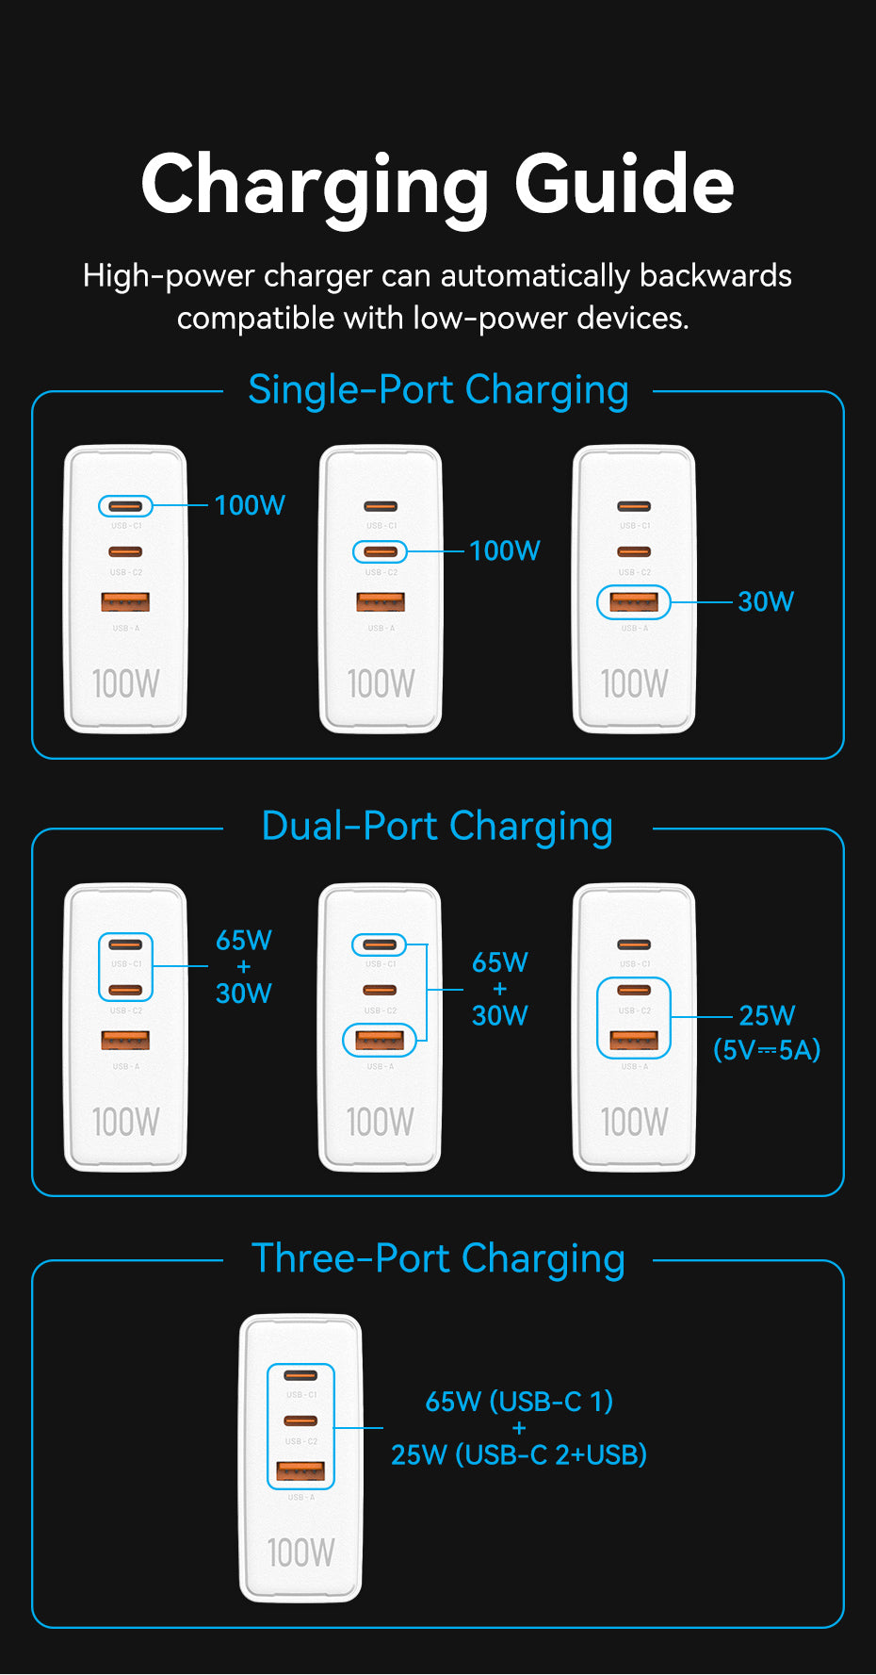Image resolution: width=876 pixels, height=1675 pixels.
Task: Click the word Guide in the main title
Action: tap(624, 185)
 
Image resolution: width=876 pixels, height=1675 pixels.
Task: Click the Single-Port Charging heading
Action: tap(438, 390)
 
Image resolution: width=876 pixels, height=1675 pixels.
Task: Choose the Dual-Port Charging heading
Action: tap(437, 827)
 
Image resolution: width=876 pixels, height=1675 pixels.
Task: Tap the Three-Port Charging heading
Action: tap(438, 1259)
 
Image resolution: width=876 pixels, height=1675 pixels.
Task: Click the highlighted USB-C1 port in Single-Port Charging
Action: tap(125, 506)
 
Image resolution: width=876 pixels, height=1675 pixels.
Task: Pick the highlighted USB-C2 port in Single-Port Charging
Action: tap(380, 551)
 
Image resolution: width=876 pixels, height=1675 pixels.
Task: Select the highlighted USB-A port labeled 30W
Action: tap(634, 601)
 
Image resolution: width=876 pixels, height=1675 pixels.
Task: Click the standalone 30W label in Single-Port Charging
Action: tap(766, 601)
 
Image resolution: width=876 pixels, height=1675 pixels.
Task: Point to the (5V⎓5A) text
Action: tap(767, 1049)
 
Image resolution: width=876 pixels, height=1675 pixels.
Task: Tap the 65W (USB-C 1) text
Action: tap(519, 1402)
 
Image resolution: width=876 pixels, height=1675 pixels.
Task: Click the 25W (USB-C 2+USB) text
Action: tap(519, 1454)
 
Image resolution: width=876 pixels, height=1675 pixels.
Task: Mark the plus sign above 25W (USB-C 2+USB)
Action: tap(519, 1428)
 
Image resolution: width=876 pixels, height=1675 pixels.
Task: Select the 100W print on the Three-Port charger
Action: tap(300, 1552)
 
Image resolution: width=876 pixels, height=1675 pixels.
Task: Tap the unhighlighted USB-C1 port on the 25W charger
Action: tap(634, 944)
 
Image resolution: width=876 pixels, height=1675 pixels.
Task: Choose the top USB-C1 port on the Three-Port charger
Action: tap(300, 1375)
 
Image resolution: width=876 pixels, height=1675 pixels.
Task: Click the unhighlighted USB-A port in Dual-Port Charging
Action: tap(125, 1040)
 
